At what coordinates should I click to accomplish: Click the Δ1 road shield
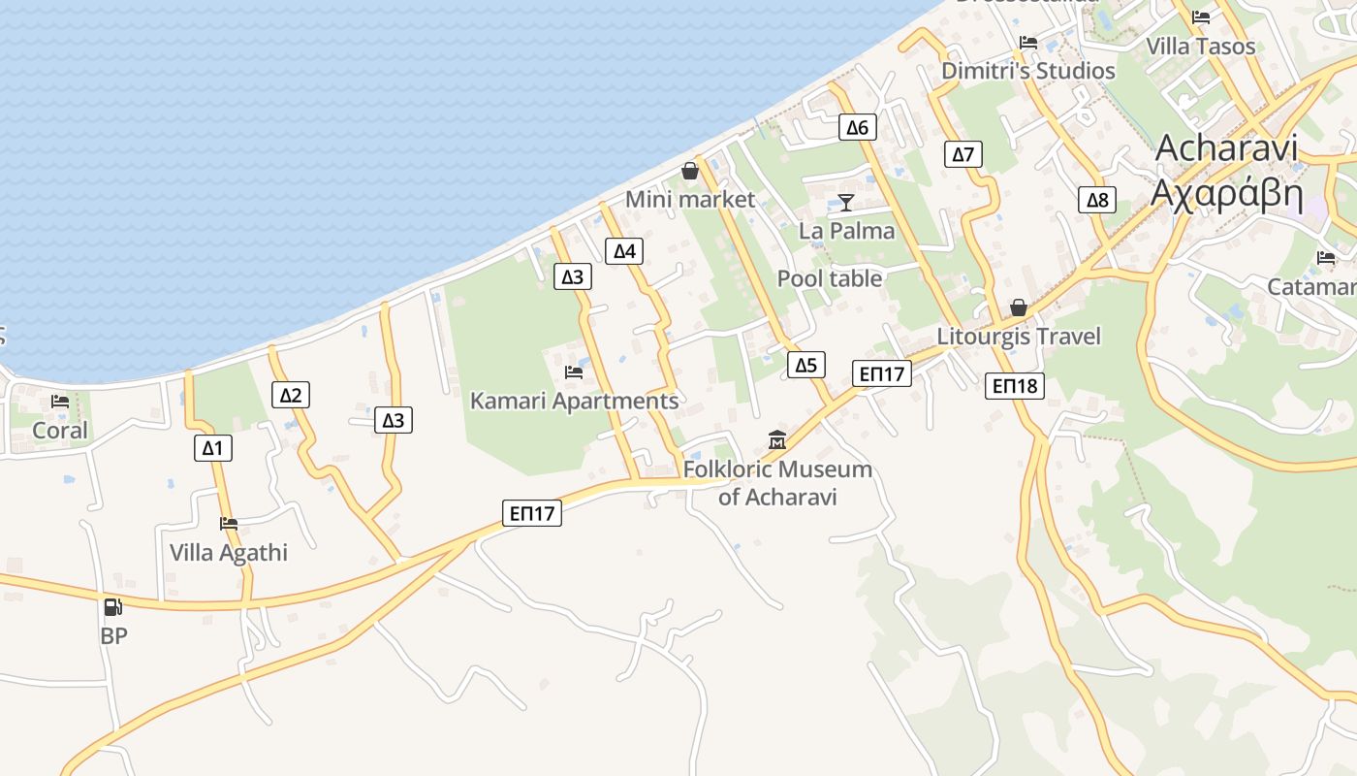tap(212, 447)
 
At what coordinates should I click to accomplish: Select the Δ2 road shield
tap(291, 395)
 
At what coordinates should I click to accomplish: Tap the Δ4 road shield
tap(624, 251)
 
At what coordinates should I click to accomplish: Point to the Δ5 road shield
tap(805, 365)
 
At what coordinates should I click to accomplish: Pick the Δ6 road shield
tap(857, 127)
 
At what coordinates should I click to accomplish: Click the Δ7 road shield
tap(963, 154)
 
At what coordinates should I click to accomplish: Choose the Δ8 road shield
tap(1096, 200)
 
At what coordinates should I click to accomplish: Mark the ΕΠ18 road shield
tap(1015, 386)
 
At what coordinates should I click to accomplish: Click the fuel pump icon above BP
tap(113, 608)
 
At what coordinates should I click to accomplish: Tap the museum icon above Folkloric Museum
tap(777, 440)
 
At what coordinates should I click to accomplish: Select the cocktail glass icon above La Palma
tap(846, 203)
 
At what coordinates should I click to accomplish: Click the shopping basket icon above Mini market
tap(690, 172)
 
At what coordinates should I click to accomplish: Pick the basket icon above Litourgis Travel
tap(1019, 307)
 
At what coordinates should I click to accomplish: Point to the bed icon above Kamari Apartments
tap(574, 372)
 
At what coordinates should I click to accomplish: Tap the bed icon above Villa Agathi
tap(229, 524)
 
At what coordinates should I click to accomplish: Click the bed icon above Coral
tap(60, 402)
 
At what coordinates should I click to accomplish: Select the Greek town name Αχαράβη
tap(1225, 192)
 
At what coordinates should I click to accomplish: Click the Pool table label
tap(830, 278)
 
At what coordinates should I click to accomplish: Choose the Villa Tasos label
tap(1200, 46)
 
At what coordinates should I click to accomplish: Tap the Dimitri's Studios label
tap(1028, 71)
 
